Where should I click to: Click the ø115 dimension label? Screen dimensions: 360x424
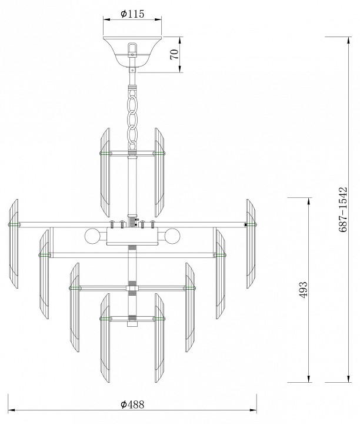coord(132,14)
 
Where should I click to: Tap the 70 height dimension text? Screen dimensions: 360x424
coord(175,54)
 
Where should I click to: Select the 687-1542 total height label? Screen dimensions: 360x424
coord(342,210)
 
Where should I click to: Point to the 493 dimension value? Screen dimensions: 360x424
coord(304,290)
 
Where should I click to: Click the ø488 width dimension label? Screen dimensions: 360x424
coord(132,405)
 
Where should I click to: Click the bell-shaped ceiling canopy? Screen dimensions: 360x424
coord(132,51)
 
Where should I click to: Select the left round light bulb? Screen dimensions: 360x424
coord(92,236)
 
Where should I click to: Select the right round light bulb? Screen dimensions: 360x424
coord(172,236)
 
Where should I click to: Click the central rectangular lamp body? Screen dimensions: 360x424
coord(132,236)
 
